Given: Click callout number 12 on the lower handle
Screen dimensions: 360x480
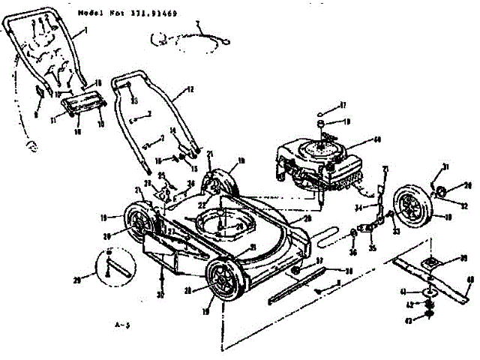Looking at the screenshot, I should (x=190, y=90).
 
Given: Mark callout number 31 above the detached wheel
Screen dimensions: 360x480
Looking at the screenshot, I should (x=444, y=166).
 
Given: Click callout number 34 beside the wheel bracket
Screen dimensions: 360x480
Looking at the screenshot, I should (x=358, y=207).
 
